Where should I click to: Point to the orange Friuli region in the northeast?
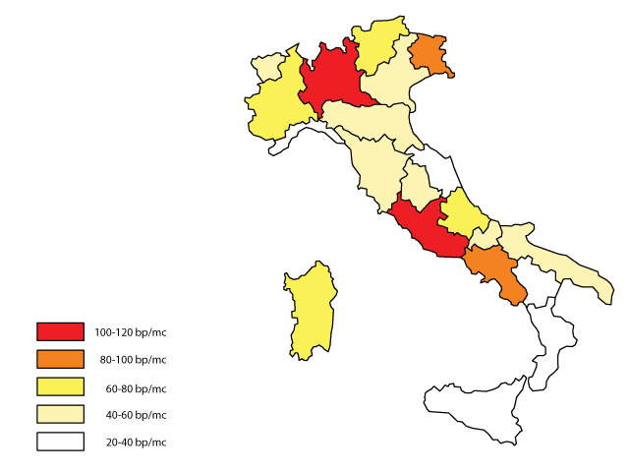coord(430,54)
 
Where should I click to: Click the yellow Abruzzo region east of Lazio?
coord(462,217)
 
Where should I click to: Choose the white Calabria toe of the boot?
coord(545,344)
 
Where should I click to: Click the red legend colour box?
coord(60,331)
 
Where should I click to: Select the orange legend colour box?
coord(60,359)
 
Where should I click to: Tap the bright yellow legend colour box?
coord(60,386)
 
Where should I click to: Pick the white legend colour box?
coord(60,442)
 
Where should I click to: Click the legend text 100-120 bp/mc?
coord(131,331)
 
